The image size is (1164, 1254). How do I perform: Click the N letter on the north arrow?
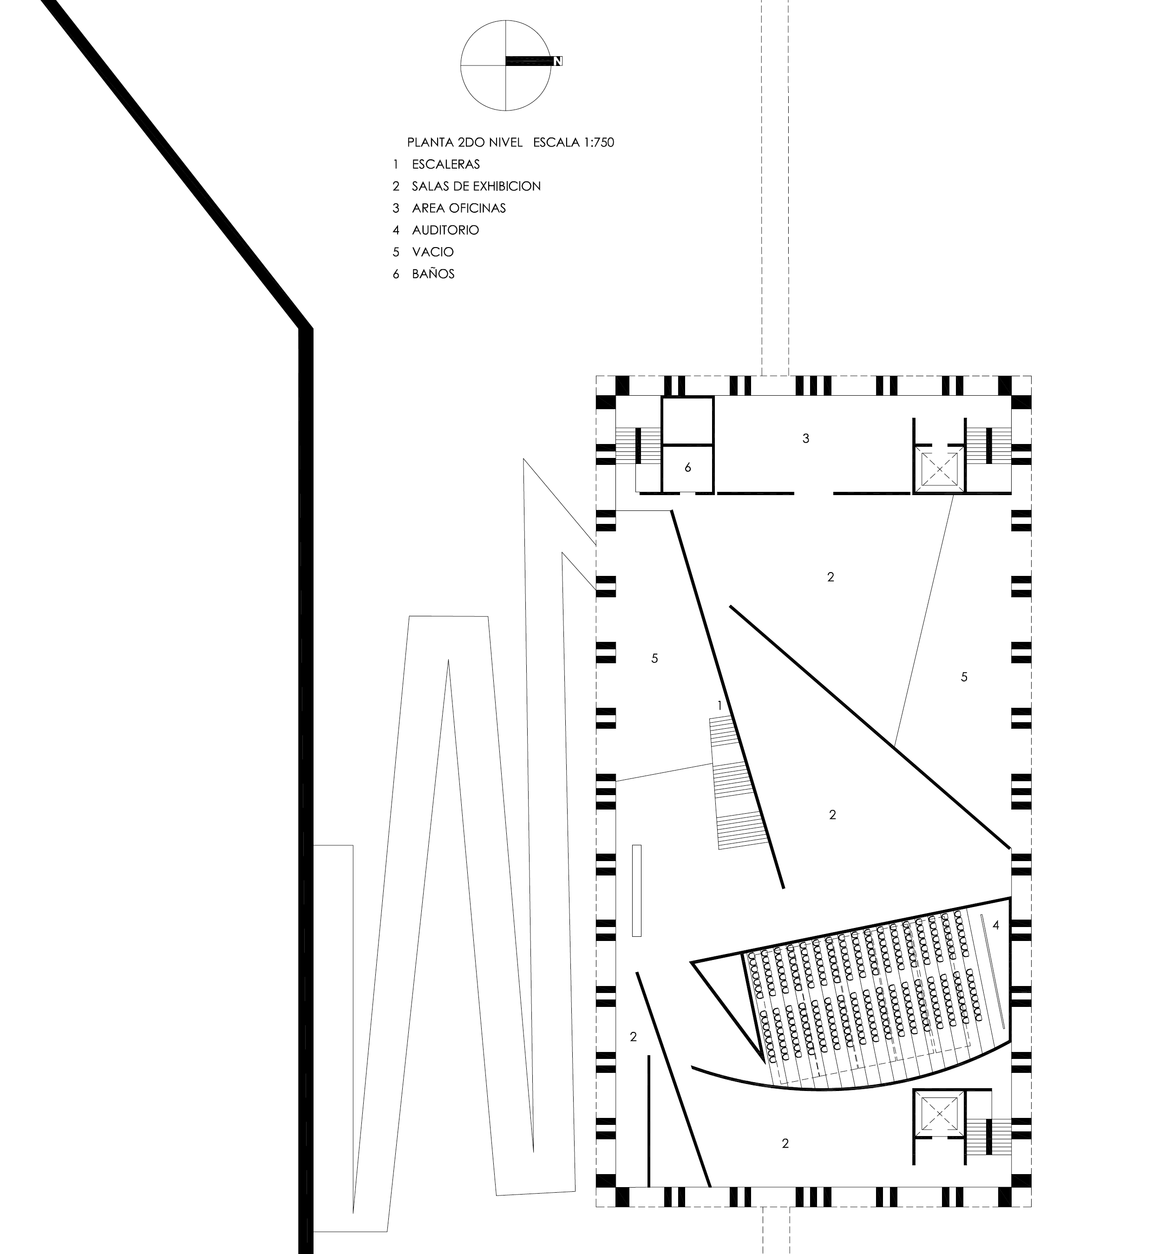click(557, 61)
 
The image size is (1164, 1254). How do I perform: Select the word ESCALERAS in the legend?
click(446, 164)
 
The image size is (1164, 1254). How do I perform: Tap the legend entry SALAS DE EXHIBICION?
click(476, 186)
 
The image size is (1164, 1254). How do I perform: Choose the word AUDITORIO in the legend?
click(445, 230)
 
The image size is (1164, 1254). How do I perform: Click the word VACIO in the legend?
click(433, 252)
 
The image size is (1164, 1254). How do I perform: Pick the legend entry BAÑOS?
click(433, 274)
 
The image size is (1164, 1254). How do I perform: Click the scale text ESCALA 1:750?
click(573, 142)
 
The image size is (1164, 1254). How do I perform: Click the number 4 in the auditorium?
click(996, 925)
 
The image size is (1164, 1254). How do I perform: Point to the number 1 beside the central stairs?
click(719, 706)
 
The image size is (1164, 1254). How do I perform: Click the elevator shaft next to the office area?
click(939, 469)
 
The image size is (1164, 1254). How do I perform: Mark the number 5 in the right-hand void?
click(964, 677)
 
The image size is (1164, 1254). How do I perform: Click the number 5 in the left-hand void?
click(654, 658)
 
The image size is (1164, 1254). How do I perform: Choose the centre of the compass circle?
click(506, 65)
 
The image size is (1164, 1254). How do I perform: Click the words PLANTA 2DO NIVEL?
click(465, 142)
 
